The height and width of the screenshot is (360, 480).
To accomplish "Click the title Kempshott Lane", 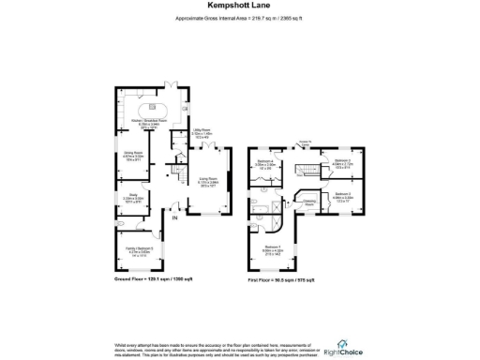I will [x=239, y=7].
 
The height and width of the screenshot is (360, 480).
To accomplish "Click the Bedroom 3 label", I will [x=340, y=196].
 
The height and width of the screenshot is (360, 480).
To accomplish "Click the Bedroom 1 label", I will [x=272, y=249].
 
